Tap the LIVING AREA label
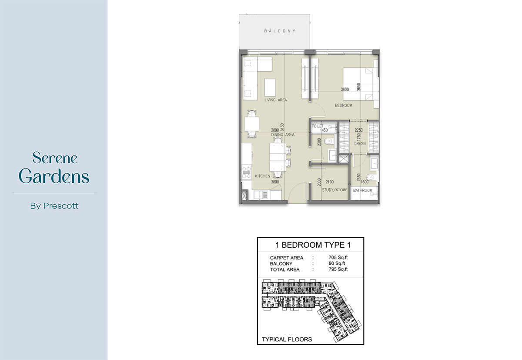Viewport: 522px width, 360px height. click(x=275, y=100)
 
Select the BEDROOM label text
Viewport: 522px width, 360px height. click(x=344, y=106)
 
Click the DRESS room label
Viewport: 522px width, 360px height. click(x=360, y=143)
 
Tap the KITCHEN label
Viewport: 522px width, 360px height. click(x=263, y=176)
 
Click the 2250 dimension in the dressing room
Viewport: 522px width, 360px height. click(x=359, y=130)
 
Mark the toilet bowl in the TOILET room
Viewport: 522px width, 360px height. click(x=329, y=141)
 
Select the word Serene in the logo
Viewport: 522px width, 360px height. click(x=55, y=158)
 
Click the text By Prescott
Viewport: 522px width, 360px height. click(x=54, y=206)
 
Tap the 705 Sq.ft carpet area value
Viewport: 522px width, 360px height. click(x=338, y=258)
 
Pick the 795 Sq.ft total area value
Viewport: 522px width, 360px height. click(x=338, y=269)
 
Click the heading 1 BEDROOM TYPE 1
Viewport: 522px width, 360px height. click(x=311, y=245)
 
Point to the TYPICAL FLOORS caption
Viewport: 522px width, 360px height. click(x=287, y=339)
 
